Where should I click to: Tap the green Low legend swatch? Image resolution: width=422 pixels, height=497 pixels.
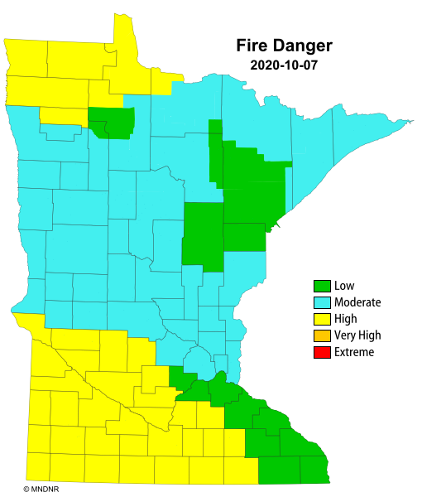pyautogui.click(x=322, y=286)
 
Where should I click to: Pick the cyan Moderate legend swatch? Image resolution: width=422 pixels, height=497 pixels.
pyautogui.click(x=322, y=302)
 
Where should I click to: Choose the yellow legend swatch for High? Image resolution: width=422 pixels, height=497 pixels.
pyautogui.click(x=322, y=319)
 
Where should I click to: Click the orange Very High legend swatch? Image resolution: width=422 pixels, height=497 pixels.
pyautogui.click(x=322, y=335)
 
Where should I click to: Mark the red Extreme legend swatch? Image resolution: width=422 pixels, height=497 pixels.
pyautogui.click(x=322, y=352)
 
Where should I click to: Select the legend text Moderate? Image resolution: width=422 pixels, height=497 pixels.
pyautogui.click(x=358, y=302)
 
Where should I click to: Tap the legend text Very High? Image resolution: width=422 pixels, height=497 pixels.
pyautogui.click(x=357, y=335)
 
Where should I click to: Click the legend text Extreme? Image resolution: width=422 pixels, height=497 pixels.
pyautogui.click(x=354, y=352)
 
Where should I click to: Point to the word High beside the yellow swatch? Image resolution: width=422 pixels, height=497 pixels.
pyautogui.click(x=347, y=319)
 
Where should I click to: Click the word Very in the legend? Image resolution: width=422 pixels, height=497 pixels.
pyautogui.click(x=346, y=335)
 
